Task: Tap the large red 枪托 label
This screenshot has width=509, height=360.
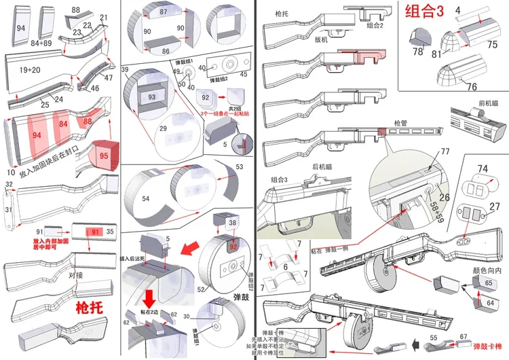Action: pyautogui.click(x=89, y=307)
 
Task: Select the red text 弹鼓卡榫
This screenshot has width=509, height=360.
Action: pyautogui.click(x=489, y=346)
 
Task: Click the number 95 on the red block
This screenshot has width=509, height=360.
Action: pyautogui.click(x=103, y=156)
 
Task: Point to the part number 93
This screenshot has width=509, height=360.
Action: pyautogui.click(x=151, y=97)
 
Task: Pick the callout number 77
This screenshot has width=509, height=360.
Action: pyautogui.click(x=445, y=151)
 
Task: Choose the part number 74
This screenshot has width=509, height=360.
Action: pyautogui.click(x=483, y=168)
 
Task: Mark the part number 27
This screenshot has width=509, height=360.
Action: pyautogui.click(x=495, y=206)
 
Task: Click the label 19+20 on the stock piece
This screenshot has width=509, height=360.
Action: pyautogui.click(x=31, y=69)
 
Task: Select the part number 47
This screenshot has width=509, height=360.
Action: pyautogui.click(x=108, y=78)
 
